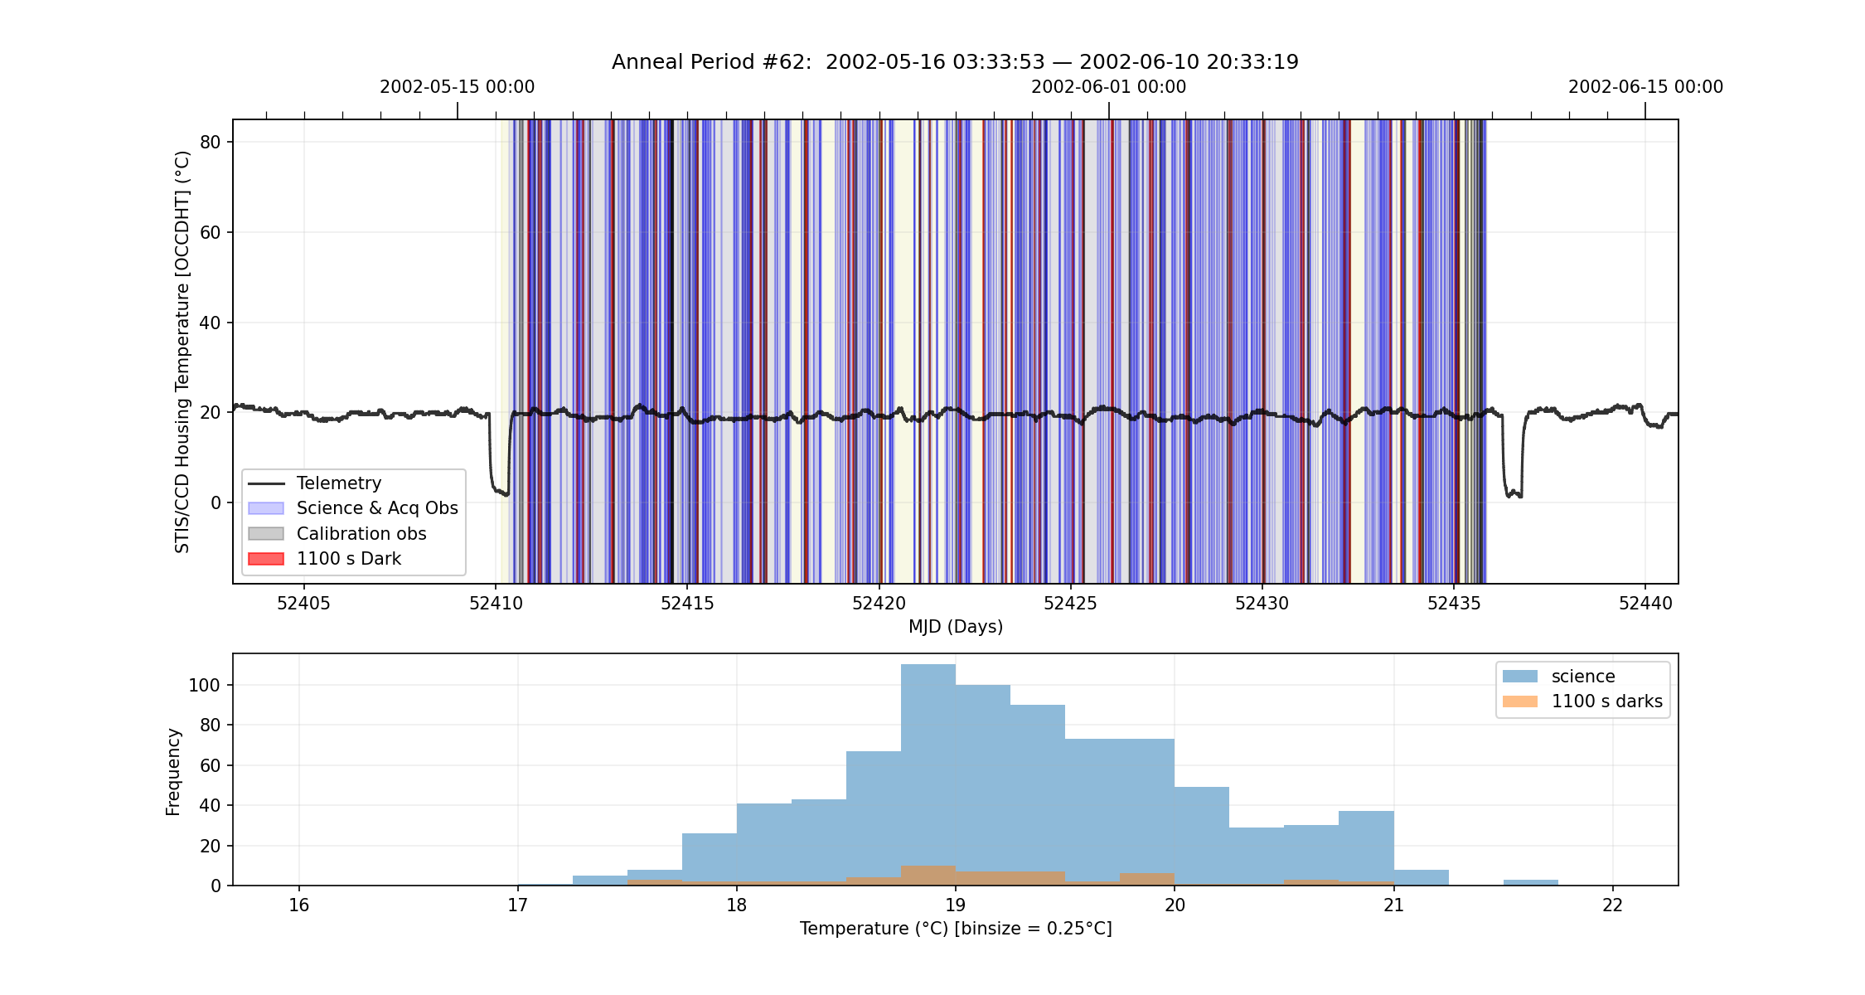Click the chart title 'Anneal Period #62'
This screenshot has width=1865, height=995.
[x=711, y=62]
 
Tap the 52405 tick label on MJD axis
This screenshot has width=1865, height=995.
[x=303, y=604]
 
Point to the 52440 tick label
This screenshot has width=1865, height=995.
[x=1645, y=604]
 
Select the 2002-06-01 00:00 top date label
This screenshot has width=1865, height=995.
[x=1108, y=87]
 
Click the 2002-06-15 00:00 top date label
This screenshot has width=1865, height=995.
[x=1645, y=87]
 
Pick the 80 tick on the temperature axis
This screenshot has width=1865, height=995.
[x=211, y=143]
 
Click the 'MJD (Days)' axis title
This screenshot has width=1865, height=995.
[x=956, y=627]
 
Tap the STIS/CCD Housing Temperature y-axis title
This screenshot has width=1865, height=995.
[x=182, y=352]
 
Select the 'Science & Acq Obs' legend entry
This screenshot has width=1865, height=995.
[x=353, y=508]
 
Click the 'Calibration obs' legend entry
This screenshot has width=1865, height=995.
[x=337, y=534]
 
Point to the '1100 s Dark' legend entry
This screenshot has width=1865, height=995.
[x=325, y=559]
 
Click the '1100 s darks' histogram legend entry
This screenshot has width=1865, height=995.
[x=1582, y=701]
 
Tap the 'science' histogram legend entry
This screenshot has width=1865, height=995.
[x=1559, y=677]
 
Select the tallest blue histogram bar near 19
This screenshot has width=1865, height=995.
[x=928, y=774]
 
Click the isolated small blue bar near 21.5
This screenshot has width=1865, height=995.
[x=1530, y=882]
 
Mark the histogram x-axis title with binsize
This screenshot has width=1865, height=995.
[x=956, y=929]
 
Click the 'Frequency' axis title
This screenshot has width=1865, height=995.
[x=173, y=772]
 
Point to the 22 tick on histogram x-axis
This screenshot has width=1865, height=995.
[x=1612, y=905]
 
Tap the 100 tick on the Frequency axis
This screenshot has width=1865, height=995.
[x=205, y=686]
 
